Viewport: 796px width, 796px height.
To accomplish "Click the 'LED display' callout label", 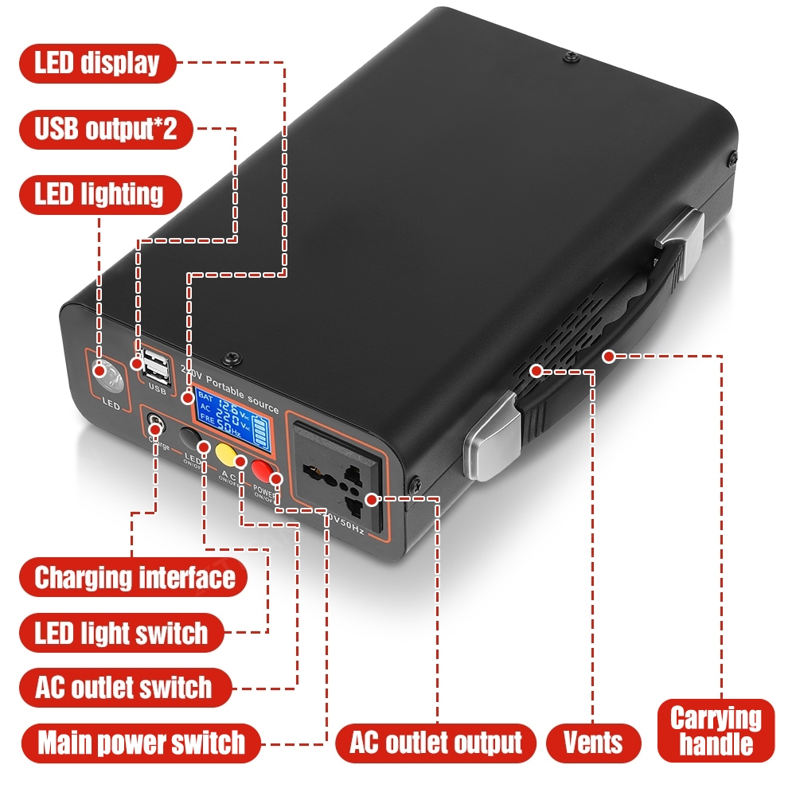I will pyautogui.click(x=97, y=63).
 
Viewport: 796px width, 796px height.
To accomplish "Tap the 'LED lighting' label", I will pyautogui.click(x=99, y=194).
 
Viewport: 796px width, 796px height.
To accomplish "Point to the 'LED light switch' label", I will pyautogui.click(x=121, y=633).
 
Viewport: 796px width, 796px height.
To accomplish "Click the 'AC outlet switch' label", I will pyautogui.click(x=124, y=687).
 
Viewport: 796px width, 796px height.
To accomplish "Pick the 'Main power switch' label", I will pyautogui.click(x=141, y=743).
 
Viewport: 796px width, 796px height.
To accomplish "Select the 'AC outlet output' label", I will pyautogui.click(x=435, y=743).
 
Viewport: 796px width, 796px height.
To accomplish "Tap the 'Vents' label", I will pyautogui.click(x=594, y=743).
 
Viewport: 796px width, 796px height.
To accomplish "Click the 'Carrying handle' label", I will pyautogui.click(x=716, y=731).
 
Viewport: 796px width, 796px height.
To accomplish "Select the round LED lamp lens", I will pyautogui.click(x=107, y=376).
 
